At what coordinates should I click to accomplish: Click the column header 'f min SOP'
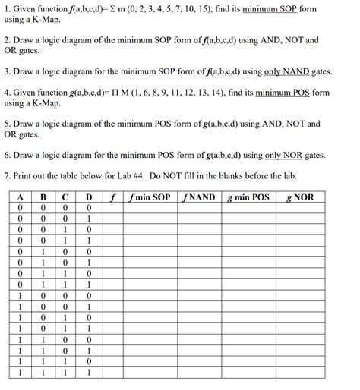(x=150, y=197)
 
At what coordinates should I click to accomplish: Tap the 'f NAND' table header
(x=199, y=197)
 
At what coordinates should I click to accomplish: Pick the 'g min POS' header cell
(x=248, y=197)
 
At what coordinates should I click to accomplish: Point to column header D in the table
(x=89, y=197)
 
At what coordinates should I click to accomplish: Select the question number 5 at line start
(x=6, y=123)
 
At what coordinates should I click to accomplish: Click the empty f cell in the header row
(x=112, y=197)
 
